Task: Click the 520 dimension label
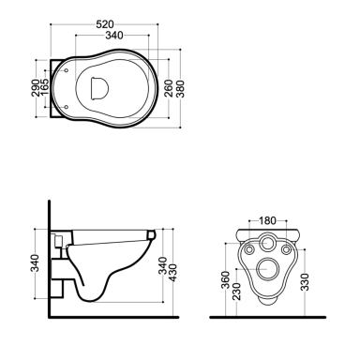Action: (x=105, y=24)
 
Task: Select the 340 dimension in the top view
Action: (x=114, y=36)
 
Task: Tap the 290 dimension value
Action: (x=36, y=88)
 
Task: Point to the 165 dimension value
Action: (x=44, y=87)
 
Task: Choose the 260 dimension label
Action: (x=169, y=88)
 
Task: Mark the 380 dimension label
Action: (x=180, y=89)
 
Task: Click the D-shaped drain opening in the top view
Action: (x=99, y=88)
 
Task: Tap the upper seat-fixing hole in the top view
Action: (x=66, y=70)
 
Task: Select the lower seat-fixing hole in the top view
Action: (x=66, y=107)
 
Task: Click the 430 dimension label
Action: (x=172, y=273)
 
